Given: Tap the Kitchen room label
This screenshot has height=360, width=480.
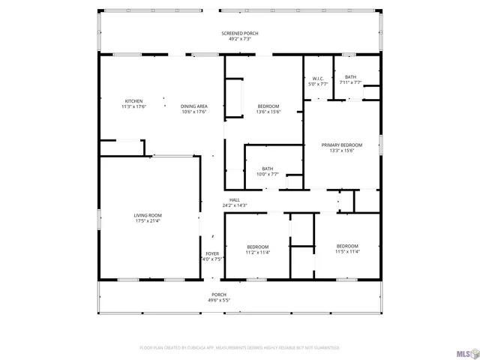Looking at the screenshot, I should [x=133, y=101].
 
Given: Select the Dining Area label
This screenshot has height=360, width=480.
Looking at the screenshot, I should [x=193, y=106].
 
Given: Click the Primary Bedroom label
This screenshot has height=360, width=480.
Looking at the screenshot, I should [x=341, y=145].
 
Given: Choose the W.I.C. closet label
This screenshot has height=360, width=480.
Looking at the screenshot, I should [x=318, y=78].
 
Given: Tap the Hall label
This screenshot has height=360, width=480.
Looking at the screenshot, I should [x=234, y=199].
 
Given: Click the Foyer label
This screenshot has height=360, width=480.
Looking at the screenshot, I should [x=212, y=253].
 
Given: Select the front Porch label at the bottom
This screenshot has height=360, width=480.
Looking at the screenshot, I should [x=218, y=295].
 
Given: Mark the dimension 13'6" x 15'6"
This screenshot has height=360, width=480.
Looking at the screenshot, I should [x=268, y=112].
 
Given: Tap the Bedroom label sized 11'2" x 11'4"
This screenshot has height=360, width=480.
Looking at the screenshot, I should [x=258, y=247].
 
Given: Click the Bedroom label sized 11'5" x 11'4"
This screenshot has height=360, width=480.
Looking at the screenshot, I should [x=347, y=246].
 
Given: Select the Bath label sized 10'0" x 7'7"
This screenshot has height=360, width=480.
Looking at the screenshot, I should [x=268, y=169].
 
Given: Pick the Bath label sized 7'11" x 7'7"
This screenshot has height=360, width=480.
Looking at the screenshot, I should [x=350, y=76].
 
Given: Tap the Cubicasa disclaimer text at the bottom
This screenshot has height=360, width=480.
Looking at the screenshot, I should [x=240, y=348].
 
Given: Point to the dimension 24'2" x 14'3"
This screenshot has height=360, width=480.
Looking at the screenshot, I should [x=234, y=205].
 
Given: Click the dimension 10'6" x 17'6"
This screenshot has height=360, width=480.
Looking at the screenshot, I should [x=193, y=112].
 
